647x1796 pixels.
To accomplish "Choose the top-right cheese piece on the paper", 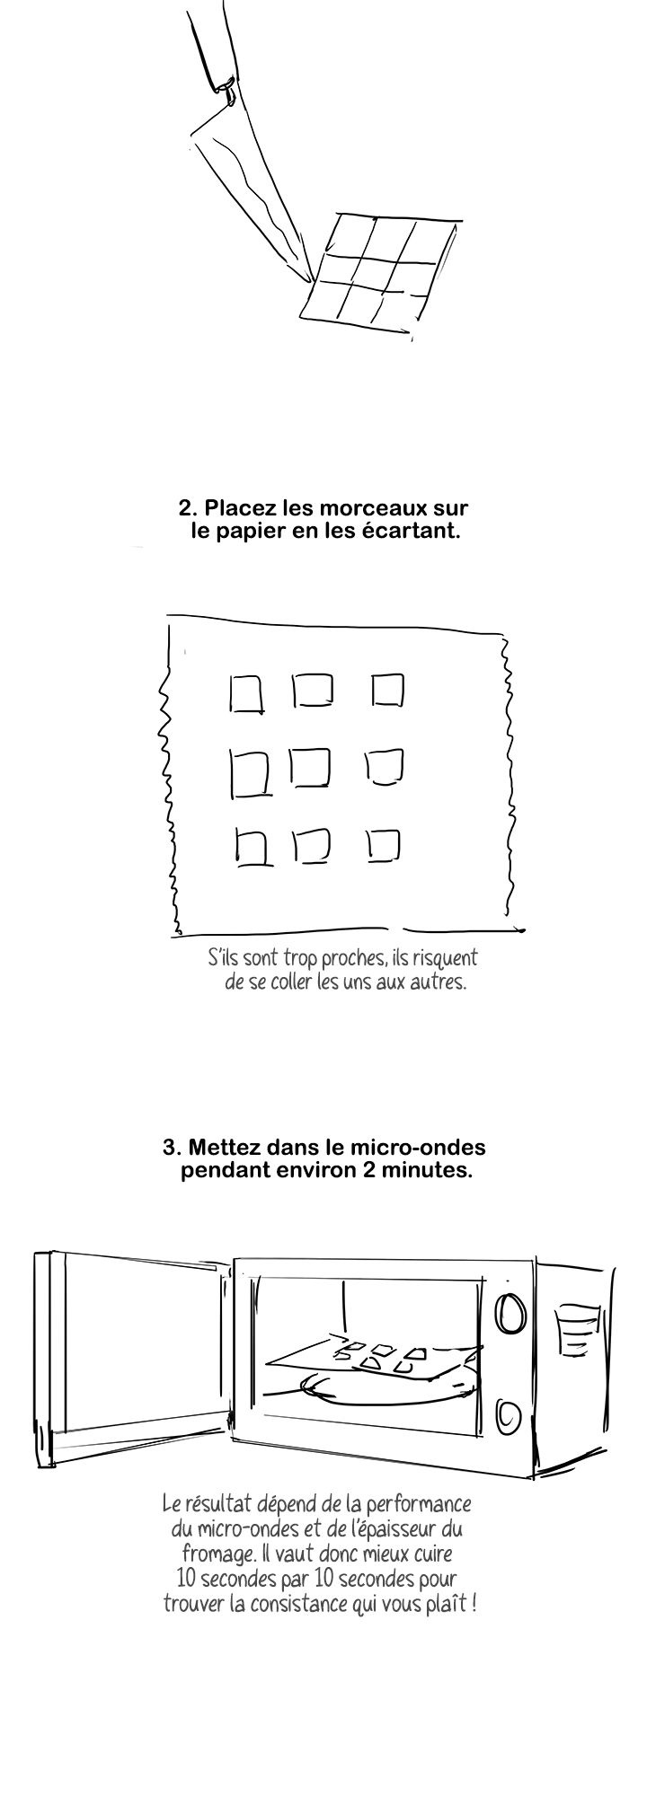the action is coord(387,691).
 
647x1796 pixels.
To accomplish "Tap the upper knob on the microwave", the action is coord(510,1312).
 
